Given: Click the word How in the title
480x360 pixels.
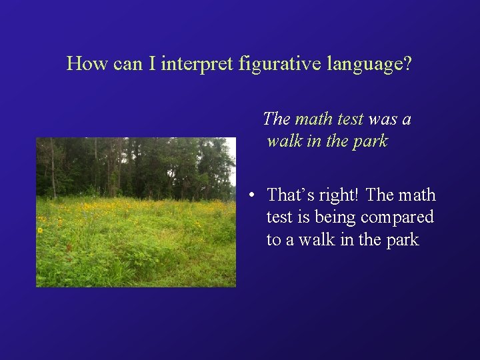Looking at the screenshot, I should click(83, 64).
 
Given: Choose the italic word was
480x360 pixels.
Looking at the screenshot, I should click(382, 119).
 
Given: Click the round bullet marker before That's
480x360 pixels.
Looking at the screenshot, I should click(250, 196).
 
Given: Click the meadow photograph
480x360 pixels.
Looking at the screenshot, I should click(136, 220).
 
